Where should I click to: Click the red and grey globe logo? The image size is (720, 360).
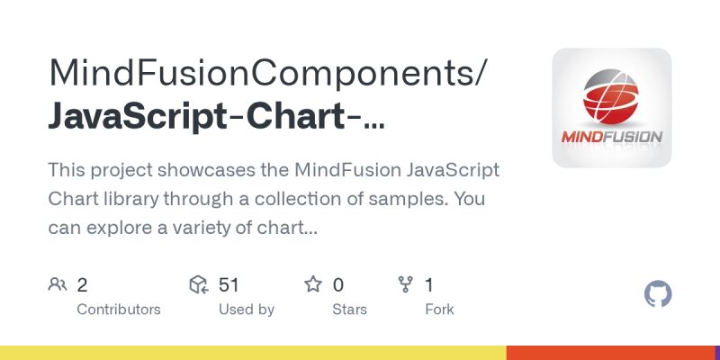pos(611,96)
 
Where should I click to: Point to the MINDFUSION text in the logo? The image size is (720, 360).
pos(611,139)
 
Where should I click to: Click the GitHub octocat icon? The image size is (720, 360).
pos(659,294)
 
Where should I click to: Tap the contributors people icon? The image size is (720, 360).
pos(58,285)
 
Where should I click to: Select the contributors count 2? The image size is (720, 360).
pos(82,285)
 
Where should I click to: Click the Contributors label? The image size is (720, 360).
pos(119,310)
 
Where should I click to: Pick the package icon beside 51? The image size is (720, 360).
pos(199,285)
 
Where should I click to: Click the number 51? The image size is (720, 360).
pos(229,285)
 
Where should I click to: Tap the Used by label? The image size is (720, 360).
pos(247,310)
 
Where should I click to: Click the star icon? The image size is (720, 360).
pos(313,285)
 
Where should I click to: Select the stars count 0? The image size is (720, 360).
pos(338,285)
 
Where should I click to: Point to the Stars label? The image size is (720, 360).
pos(349,310)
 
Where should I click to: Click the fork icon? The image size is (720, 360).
pos(405,285)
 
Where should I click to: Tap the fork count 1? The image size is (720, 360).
pos(429,285)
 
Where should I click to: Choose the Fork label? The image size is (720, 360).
pos(439,310)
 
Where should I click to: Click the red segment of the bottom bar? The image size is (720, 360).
pos(613,353)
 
